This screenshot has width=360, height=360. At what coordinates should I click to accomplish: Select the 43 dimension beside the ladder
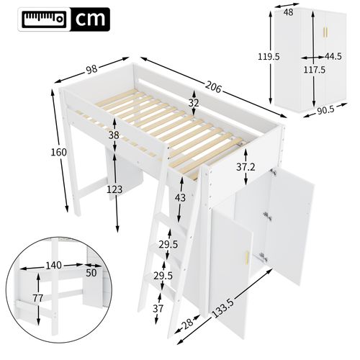[179, 198]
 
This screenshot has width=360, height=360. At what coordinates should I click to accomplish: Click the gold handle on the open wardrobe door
[249, 258]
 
